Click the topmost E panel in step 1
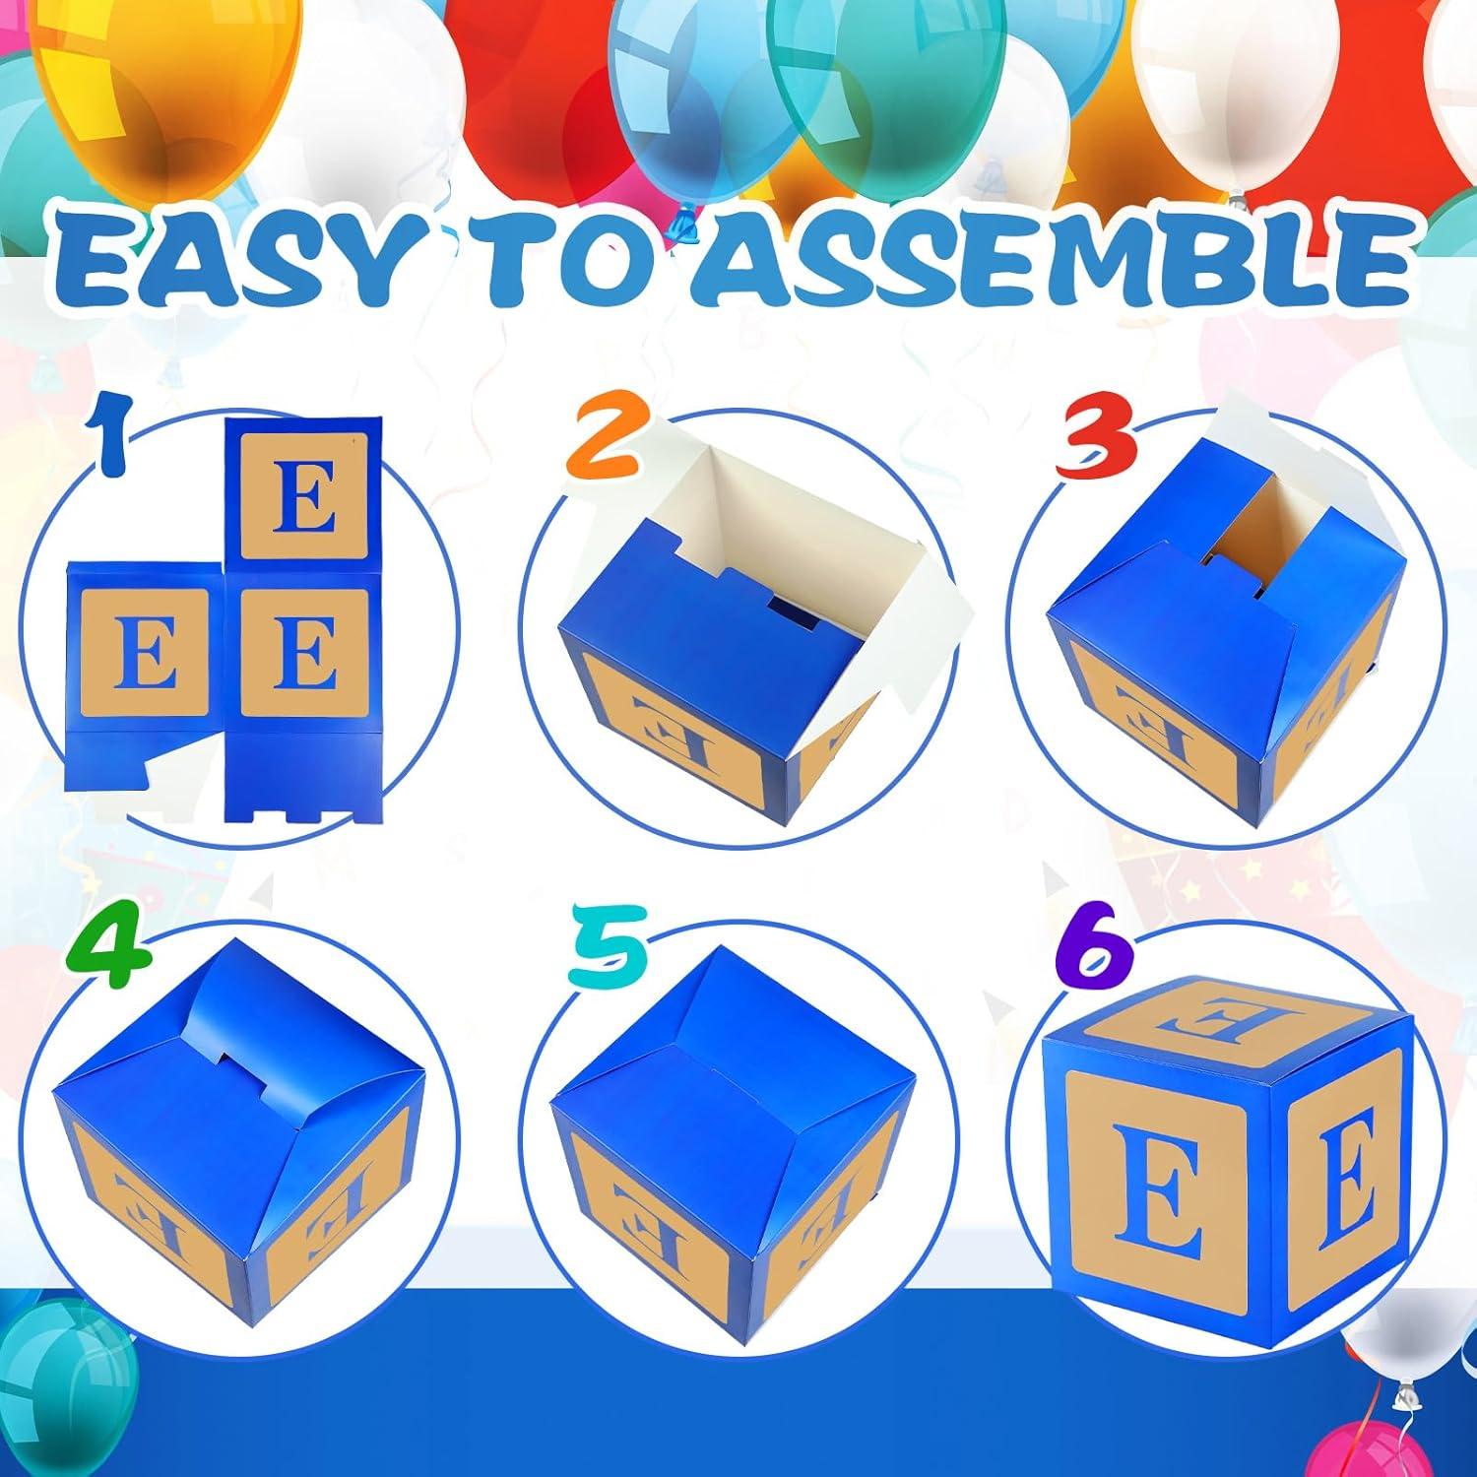(x=304, y=492)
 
